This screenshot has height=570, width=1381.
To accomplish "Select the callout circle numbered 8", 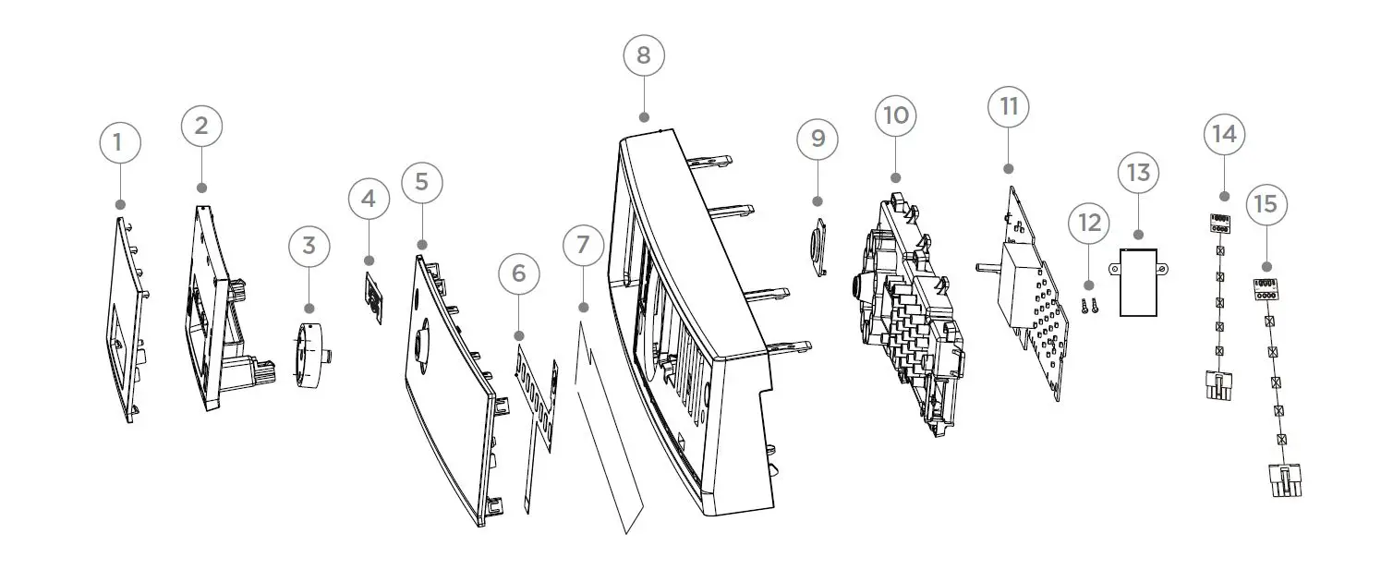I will point(644,55).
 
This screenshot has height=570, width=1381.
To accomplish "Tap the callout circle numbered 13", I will point(1138,173).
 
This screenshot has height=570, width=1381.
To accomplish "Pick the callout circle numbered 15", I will point(1266,203).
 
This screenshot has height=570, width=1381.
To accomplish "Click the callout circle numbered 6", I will point(518,273).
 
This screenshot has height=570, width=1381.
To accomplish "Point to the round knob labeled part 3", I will point(309,356).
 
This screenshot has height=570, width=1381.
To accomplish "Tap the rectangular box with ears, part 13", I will point(1138,283).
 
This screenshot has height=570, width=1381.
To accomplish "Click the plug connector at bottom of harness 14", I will point(1219,384).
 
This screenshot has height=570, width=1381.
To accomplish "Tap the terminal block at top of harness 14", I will point(1219,223).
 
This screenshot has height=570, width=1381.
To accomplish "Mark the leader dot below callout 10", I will point(895,176).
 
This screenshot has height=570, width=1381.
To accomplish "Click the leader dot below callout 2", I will point(202,188).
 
